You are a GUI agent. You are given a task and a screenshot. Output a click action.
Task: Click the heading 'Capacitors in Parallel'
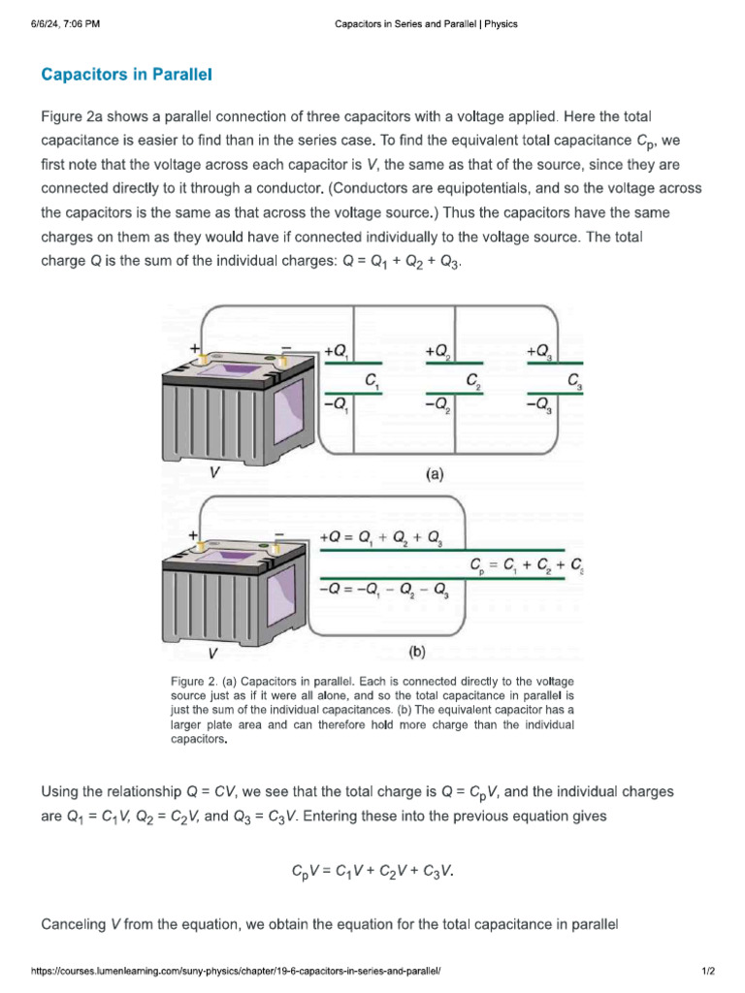[x=126, y=74]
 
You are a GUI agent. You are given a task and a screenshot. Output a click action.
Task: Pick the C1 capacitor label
[x=372, y=381]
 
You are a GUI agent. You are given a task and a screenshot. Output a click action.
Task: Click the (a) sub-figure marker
[x=434, y=475]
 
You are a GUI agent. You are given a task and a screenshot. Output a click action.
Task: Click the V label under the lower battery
[x=212, y=654]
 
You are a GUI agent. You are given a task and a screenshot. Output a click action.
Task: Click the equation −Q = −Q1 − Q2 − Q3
[x=384, y=589]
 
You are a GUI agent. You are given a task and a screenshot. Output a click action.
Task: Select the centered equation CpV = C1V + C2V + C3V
[x=372, y=871]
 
